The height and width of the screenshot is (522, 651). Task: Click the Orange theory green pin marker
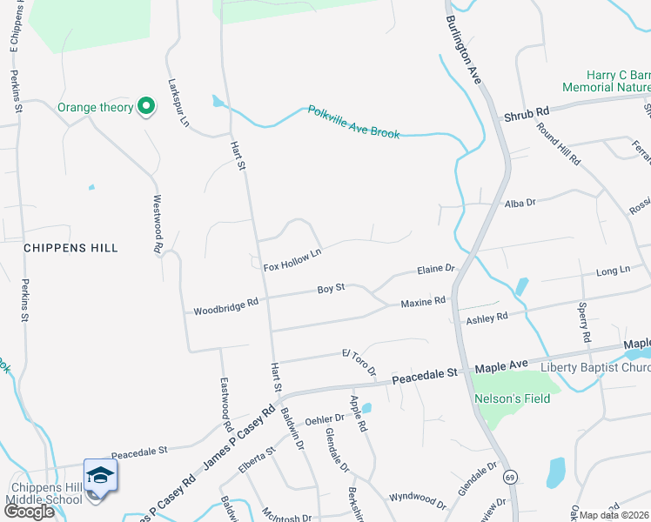[147, 107]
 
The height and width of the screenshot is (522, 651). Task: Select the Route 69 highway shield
[510, 478]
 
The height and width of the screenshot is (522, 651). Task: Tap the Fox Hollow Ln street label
[292, 259]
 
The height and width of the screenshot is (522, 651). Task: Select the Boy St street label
[331, 287]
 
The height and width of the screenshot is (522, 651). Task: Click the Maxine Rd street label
[423, 302]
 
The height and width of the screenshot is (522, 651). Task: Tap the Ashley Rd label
[487, 318]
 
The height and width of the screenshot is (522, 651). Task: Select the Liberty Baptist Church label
[595, 366]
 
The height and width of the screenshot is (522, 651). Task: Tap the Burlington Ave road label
[463, 50]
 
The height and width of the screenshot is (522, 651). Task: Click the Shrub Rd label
[527, 114]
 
